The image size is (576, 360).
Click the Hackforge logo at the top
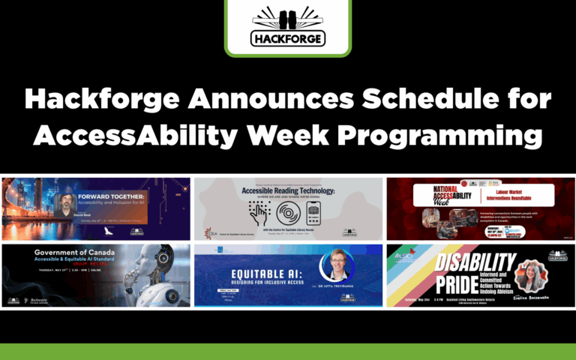288,28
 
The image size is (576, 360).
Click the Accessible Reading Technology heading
288,191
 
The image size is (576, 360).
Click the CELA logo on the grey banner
214,232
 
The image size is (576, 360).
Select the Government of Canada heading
71,253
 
